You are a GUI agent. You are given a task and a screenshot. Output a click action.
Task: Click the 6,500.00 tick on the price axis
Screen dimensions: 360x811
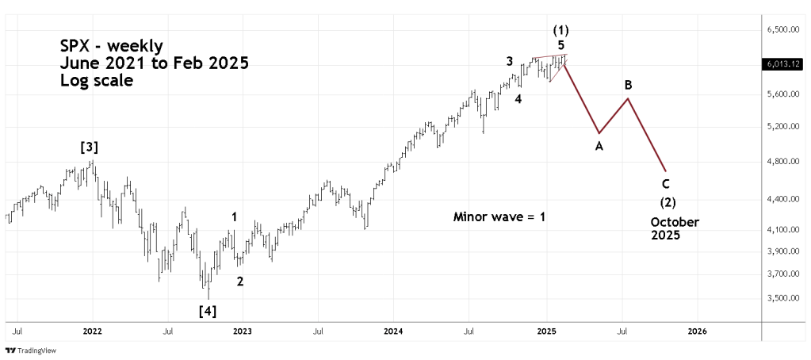[782, 29]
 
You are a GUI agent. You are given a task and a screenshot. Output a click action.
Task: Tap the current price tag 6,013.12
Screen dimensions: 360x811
[782, 65]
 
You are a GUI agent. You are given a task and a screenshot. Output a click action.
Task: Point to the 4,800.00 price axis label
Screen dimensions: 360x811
[782, 162]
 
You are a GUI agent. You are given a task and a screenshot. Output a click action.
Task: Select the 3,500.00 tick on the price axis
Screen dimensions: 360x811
[782, 298]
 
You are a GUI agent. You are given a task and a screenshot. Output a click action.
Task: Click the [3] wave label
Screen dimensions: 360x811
[88, 147]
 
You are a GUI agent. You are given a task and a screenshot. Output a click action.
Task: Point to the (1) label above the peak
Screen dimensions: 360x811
[560, 29]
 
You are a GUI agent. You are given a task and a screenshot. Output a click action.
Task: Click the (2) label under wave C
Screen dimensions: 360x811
[667, 202]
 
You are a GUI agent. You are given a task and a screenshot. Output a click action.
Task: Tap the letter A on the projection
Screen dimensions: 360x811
[599, 146]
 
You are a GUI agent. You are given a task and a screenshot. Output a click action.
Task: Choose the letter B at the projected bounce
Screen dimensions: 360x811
[628, 85]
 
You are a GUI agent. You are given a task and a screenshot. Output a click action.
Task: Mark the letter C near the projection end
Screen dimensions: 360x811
[666, 184]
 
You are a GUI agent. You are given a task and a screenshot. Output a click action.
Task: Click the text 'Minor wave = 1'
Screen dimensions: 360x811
[499, 216]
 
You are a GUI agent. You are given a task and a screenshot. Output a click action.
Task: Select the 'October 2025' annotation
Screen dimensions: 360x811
[674, 228]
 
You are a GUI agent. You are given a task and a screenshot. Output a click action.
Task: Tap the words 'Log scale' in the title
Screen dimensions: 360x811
[96, 81]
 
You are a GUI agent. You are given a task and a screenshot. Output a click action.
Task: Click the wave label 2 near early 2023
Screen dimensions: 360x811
[240, 280]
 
